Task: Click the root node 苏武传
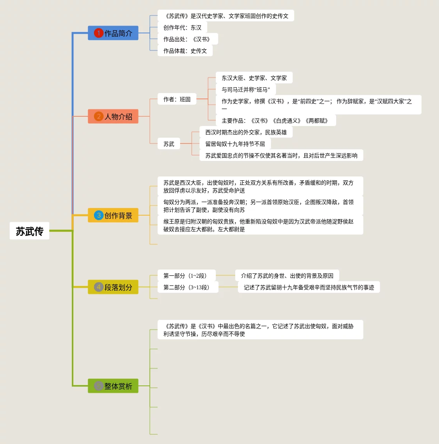[x=29, y=231]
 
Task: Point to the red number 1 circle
[x=99, y=33]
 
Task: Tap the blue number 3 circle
[x=99, y=215]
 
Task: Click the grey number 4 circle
[x=99, y=287]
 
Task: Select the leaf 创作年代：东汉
[x=182, y=28]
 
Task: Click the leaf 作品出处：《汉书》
[x=187, y=39]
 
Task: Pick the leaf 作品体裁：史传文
[x=185, y=51]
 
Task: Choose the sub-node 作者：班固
[x=177, y=99]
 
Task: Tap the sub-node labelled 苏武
[x=169, y=144]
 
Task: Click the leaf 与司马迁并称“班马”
[x=246, y=90]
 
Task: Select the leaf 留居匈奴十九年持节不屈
[x=235, y=144]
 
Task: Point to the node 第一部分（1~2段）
[x=186, y=276]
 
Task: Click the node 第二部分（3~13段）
[x=188, y=287]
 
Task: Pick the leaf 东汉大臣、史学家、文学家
[x=254, y=78]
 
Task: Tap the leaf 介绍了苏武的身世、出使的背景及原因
[x=287, y=276]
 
